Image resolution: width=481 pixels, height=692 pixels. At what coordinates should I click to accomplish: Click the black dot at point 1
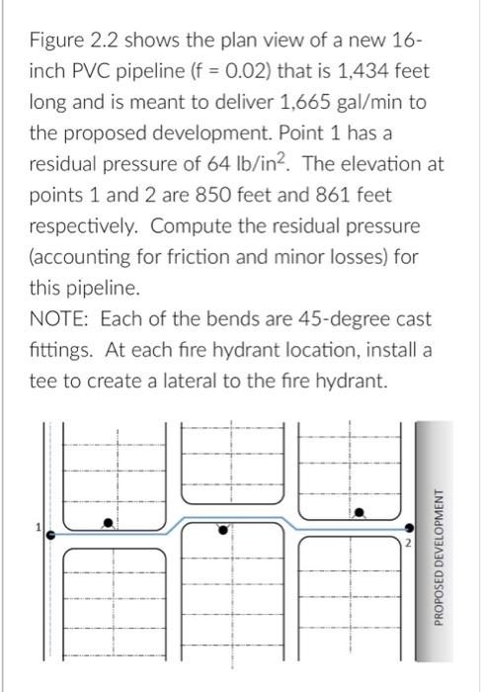51,533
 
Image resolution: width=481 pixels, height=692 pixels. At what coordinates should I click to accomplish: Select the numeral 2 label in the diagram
404,544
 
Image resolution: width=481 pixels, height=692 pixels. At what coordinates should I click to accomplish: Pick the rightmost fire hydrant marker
361,512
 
